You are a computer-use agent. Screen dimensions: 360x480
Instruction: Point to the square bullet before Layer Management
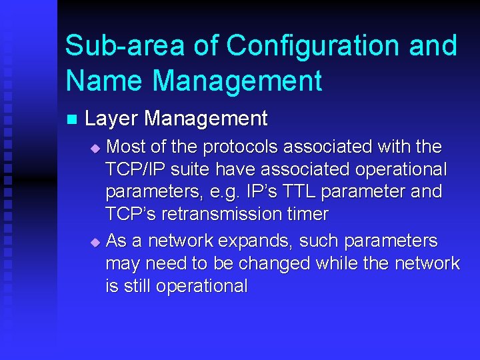click(71, 120)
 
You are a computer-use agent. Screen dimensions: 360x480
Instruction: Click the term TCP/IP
click(134, 169)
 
